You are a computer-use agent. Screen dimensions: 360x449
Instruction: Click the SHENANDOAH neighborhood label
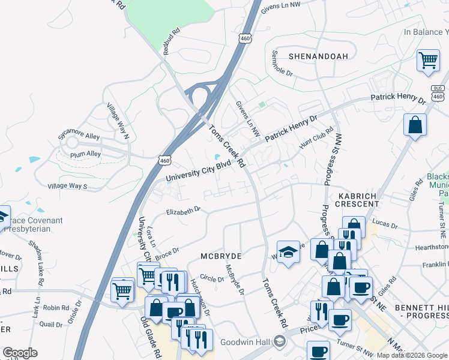(x=318, y=56)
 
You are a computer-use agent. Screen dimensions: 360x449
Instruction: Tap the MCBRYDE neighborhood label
(x=221, y=256)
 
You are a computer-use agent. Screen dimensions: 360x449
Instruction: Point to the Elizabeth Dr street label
(x=183, y=211)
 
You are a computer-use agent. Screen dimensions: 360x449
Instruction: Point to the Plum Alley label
(x=85, y=154)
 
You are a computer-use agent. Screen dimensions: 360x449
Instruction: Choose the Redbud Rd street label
(x=170, y=39)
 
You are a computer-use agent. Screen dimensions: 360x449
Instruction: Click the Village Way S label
(x=68, y=187)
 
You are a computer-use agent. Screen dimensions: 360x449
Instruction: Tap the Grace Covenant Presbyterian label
(x=33, y=224)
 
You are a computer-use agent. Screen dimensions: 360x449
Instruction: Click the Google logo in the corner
(x=20, y=353)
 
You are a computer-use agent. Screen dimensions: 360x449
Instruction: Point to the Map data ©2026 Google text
(x=411, y=355)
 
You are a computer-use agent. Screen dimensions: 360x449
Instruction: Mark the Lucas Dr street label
(x=385, y=224)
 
